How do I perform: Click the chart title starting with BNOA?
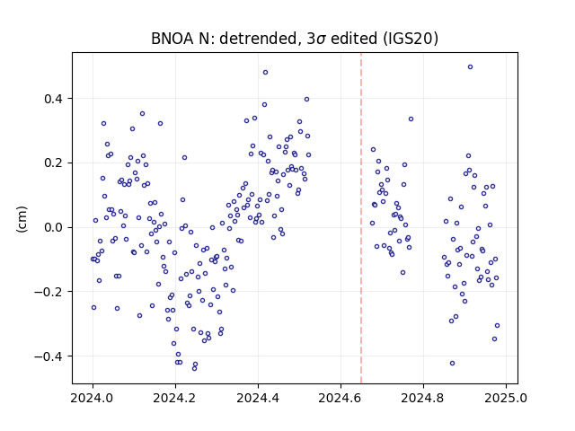coord(295,38)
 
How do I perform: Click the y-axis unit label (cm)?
coord(22,219)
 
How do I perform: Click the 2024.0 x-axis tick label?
coord(93,398)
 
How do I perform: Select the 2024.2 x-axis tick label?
coord(175,398)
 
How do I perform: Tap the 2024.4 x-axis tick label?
coord(258,398)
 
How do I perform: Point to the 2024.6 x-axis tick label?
coord(341,398)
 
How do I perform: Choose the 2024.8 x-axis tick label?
coord(423,398)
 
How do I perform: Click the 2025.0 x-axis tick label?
coord(506,398)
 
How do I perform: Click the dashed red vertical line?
coord(361,218)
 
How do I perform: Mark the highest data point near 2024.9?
coord(470,67)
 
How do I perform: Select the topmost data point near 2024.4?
coord(266,73)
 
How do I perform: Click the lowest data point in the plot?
coord(194,368)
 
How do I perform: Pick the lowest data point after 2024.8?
coord(452,363)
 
